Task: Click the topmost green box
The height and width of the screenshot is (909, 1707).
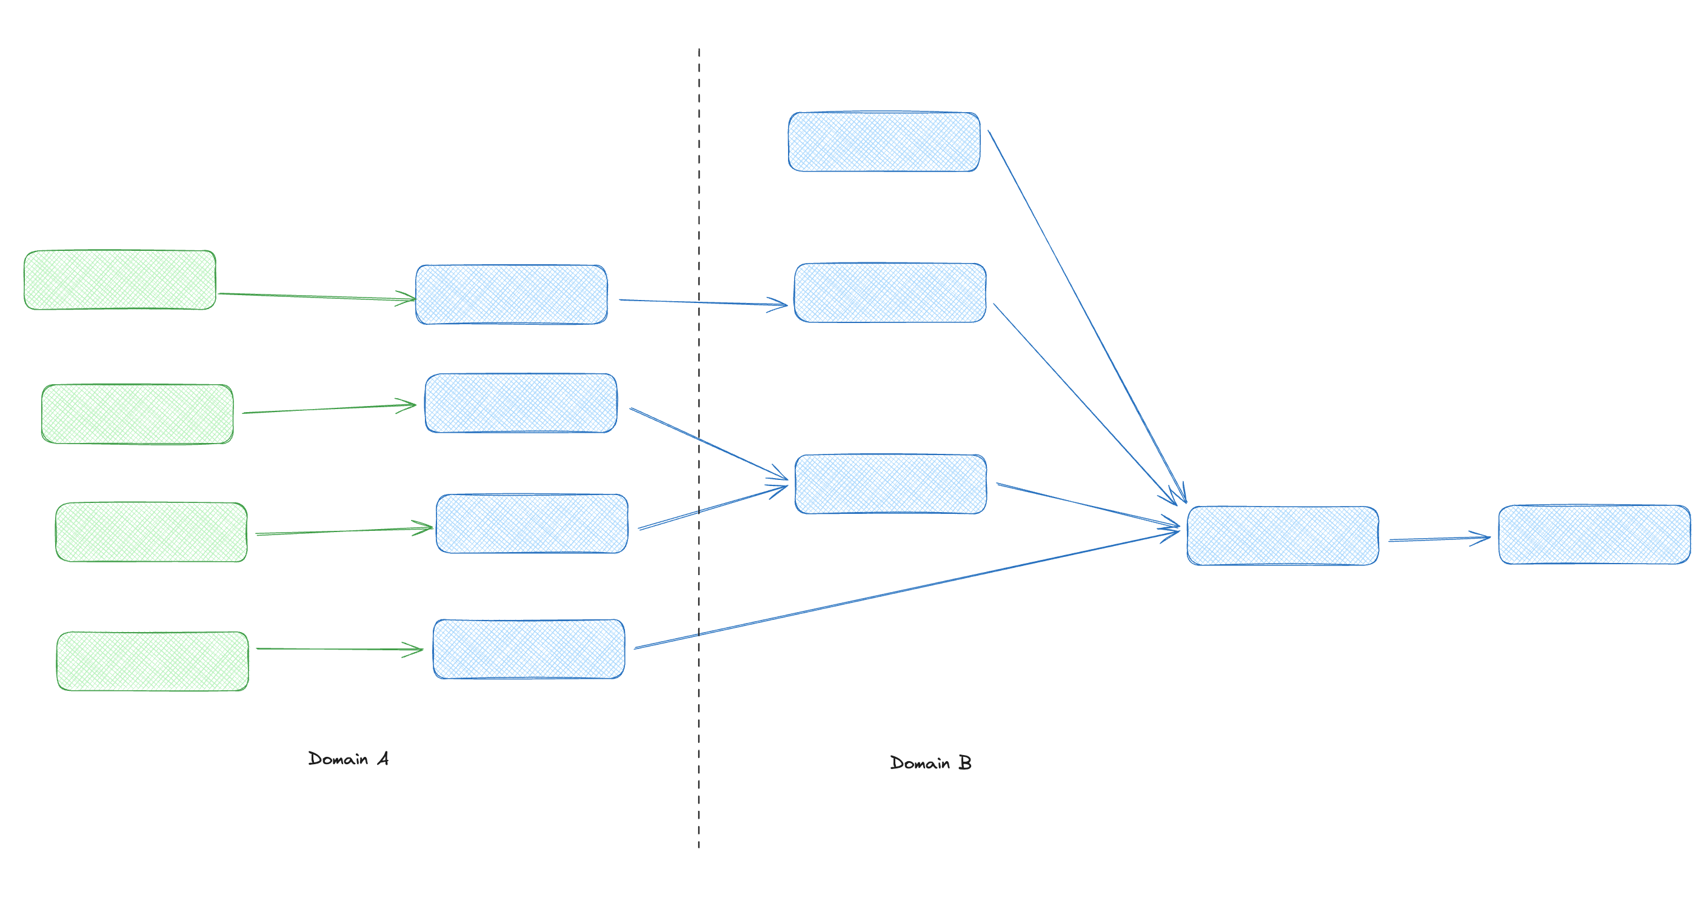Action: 120,279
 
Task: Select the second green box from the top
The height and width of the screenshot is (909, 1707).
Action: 137,414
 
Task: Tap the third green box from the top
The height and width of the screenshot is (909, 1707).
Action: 151,532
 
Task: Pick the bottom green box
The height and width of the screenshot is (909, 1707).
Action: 152,661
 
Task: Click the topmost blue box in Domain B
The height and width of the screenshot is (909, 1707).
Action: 884,142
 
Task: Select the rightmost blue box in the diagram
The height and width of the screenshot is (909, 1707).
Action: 1594,534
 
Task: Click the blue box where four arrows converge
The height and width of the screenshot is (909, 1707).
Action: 1283,535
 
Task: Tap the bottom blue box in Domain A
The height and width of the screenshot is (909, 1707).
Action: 529,649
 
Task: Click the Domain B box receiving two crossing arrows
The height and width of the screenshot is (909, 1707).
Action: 890,484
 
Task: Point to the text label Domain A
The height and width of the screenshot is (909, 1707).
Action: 349,759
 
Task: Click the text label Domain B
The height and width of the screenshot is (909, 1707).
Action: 930,762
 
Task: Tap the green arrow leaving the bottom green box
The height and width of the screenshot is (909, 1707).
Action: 338,648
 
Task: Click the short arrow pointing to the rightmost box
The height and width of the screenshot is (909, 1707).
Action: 1438,539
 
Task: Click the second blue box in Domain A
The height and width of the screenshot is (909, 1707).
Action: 521,403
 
